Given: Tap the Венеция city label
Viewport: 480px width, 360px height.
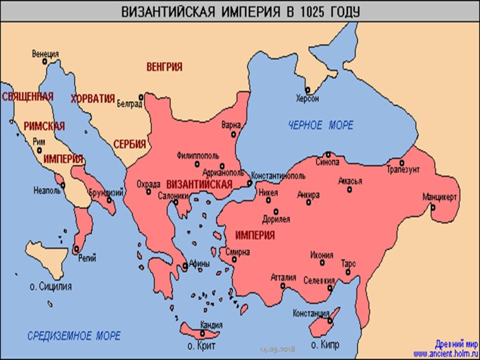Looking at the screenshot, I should tap(45, 54).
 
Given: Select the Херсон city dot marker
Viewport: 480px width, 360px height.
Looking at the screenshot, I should tap(308, 90).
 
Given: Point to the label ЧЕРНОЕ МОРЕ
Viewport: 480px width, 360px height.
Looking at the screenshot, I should tap(321, 125).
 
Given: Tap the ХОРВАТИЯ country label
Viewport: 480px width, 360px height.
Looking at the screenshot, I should tap(93, 99).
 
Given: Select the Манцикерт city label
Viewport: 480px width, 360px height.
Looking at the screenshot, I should tap(440, 195).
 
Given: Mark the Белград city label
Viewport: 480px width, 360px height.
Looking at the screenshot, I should tap(129, 105).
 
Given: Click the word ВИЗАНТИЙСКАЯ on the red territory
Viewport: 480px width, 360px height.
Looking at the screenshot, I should tap(200, 184).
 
